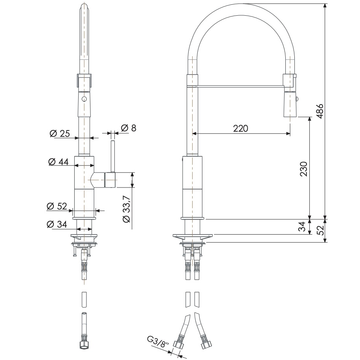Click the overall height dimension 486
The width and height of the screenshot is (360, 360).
(x=320, y=111)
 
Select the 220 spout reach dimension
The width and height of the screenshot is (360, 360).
(x=240, y=128)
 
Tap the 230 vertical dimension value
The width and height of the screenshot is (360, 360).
(x=303, y=169)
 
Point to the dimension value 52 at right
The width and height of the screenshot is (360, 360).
(x=320, y=230)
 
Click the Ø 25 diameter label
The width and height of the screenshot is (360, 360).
(x=60, y=134)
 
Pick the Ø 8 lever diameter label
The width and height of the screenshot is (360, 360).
(x=128, y=128)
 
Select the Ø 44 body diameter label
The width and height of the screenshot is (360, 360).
(x=58, y=161)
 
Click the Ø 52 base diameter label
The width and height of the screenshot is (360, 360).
(x=57, y=206)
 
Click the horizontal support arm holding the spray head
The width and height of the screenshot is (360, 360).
(x=240, y=85)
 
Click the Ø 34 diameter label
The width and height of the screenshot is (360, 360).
(x=56, y=224)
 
